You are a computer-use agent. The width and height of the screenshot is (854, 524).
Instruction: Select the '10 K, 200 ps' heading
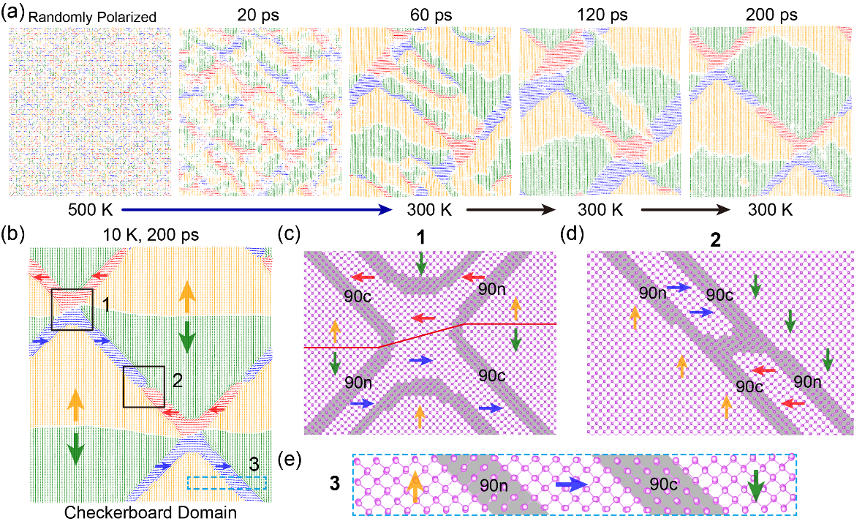(x=149, y=235)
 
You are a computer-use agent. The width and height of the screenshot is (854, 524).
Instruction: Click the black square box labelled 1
(x=72, y=309)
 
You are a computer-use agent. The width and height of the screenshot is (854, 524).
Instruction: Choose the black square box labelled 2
(x=143, y=386)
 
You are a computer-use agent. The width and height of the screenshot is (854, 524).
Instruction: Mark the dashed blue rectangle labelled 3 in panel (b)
(x=227, y=483)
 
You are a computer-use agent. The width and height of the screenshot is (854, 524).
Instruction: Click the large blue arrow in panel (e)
(x=571, y=484)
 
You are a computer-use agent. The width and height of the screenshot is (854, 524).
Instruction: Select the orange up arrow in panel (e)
(x=415, y=485)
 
